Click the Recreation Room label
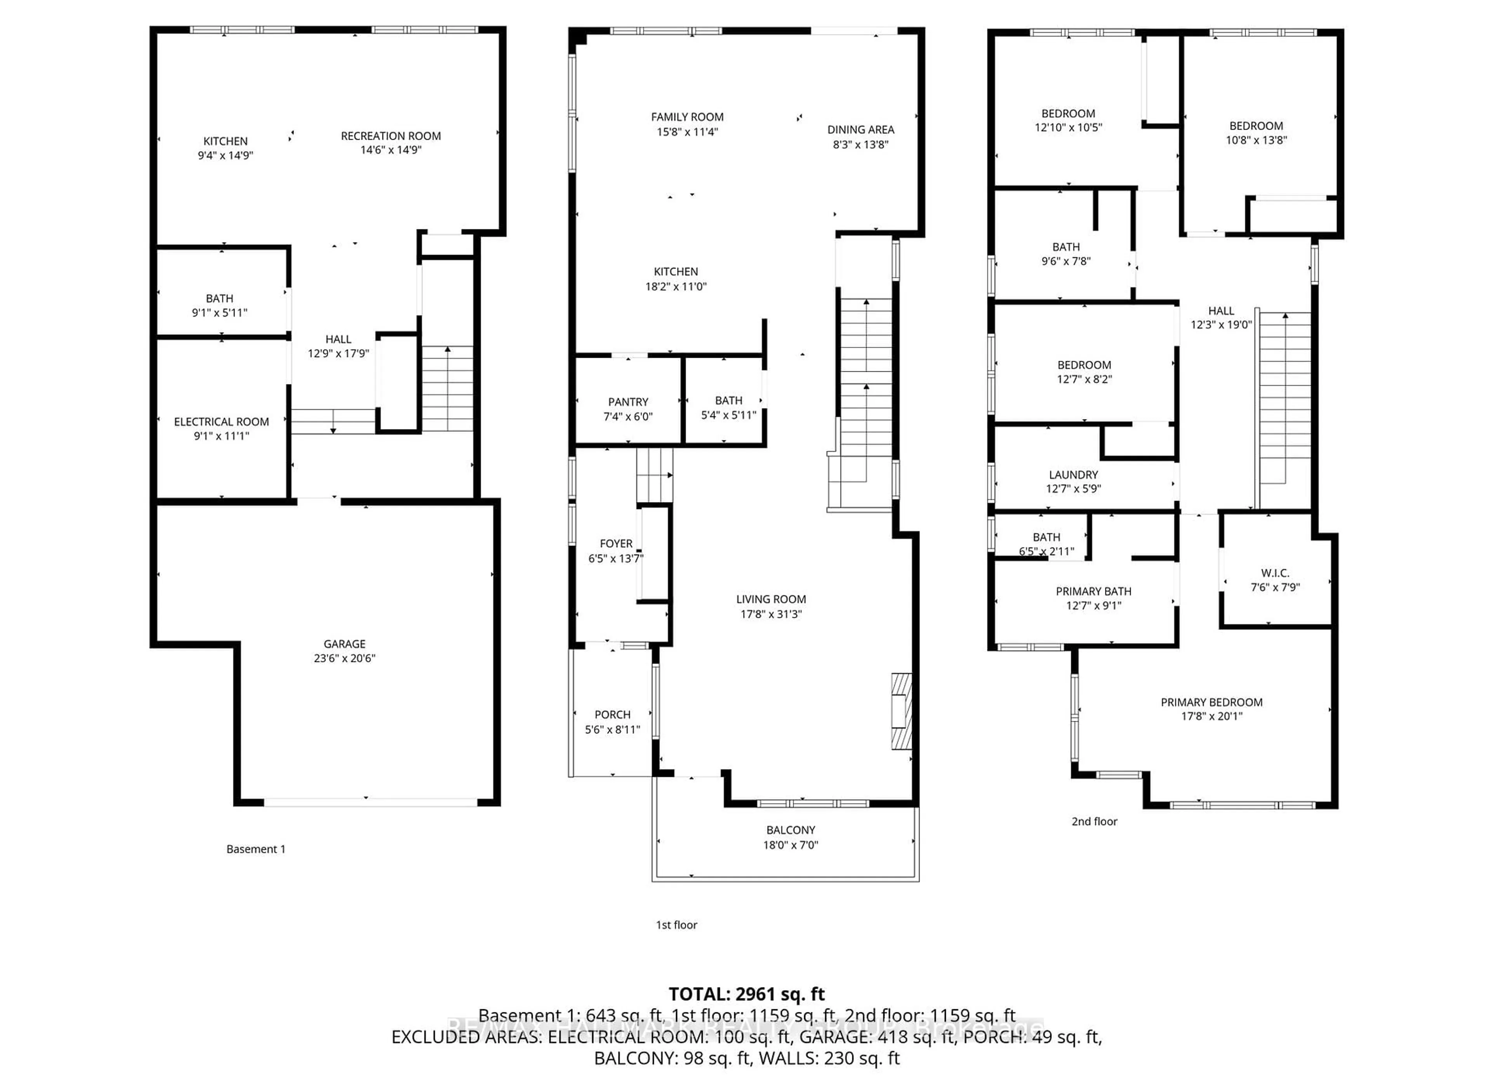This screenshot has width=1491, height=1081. pos(391,136)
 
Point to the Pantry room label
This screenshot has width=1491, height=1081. pos(628,402)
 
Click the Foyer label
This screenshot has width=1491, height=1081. pos(616,544)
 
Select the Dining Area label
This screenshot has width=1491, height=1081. pos(860,130)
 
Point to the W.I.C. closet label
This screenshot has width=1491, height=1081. pos(1275,573)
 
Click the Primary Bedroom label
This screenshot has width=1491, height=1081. pos(1211,702)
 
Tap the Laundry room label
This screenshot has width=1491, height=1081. pos(1073,475)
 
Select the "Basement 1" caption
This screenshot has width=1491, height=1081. pos(256,849)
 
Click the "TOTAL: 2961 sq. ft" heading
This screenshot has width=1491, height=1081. pos(746,994)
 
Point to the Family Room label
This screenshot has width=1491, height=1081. pos(687,117)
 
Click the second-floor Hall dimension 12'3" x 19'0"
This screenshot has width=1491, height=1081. pos(1221,325)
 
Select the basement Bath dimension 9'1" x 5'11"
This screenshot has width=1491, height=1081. pos(220,313)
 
